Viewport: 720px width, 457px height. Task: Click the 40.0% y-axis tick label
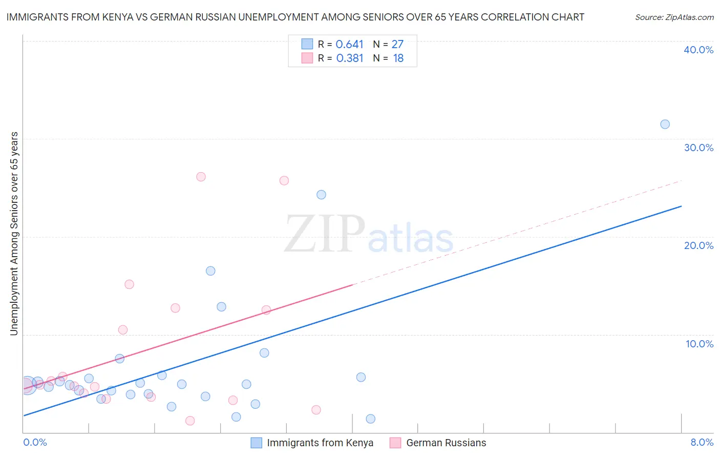698,50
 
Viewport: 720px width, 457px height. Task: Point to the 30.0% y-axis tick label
698,148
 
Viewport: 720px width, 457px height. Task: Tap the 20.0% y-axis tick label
698,245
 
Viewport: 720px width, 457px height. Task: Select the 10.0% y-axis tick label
700,344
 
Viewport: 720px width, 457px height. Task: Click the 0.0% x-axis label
35,442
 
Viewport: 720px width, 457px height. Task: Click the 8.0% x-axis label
702,442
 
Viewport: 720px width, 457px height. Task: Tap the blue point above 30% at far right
665,124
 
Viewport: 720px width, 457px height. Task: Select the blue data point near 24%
321,195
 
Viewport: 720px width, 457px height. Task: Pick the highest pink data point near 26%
201,177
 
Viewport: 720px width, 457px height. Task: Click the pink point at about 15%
129,284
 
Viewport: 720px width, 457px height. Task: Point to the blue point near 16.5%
210,271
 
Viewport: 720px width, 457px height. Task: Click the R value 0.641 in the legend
349,45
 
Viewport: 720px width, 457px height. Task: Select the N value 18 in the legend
398,58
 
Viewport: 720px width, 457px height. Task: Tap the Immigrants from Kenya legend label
320,443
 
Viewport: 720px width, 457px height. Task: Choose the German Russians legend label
446,443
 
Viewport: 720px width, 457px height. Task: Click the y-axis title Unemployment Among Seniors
14,233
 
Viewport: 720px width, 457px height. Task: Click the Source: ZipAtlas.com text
674,17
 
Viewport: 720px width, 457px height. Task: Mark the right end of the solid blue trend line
681,206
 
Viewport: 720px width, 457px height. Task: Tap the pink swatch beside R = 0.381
307,58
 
